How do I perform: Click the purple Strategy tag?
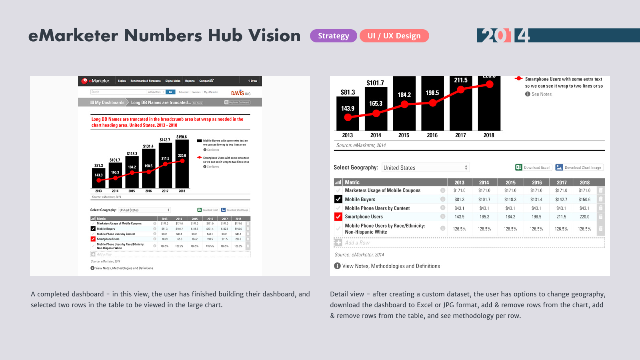pyautogui.click(x=333, y=36)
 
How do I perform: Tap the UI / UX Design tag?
pyautogui.click(x=394, y=36)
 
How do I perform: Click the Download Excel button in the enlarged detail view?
pyautogui.click(x=534, y=168)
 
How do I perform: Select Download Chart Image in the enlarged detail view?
pyautogui.click(x=579, y=168)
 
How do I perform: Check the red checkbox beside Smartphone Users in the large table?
pyautogui.click(x=338, y=217)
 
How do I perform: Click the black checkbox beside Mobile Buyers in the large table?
pyautogui.click(x=338, y=199)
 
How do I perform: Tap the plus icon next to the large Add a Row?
pyautogui.click(x=339, y=243)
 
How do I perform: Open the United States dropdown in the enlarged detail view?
pyautogui.click(x=425, y=168)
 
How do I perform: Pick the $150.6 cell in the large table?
pyautogui.click(x=584, y=200)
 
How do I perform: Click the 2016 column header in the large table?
pyautogui.click(x=537, y=182)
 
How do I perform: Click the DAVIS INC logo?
pyautogui.click(x=241, y=93)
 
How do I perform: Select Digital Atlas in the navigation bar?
pyautogui.click(x=173, y=81)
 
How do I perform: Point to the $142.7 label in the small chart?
pyautogui.click(x=165, y=140)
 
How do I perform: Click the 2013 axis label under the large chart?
pyautogui.click(x=348, y=135)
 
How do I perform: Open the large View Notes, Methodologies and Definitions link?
pyautogui.click(x=391, y=266)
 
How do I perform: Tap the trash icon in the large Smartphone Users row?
pyautogui.click(x=600, y=217)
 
